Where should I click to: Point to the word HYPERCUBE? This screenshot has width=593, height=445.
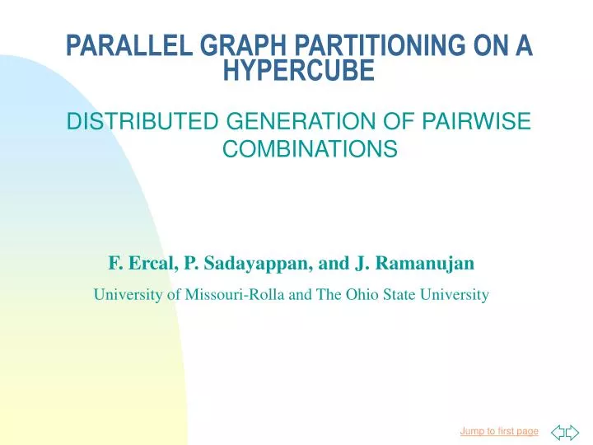click(299, 73)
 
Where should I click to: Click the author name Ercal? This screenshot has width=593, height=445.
click(143, 264)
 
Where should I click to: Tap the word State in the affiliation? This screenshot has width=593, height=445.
click(394, 294)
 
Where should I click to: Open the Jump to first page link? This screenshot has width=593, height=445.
click(499, 430)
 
